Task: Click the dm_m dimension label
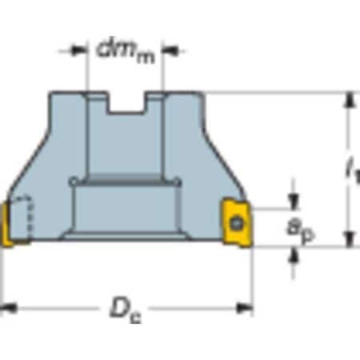pyautogui.click(x=126, y=52)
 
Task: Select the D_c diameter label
pyautogui.click(x=126, y=311)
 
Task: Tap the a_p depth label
pyautogui.click(x=301, y=230)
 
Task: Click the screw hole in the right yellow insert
pyautogui.click(x=237, y=223)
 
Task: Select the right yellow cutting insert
pyautogui.click(x=237, y=222)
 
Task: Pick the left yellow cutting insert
pyautogui.click(x=5, y=225)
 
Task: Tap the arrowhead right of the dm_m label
pyautogui.click(x=170, y=50)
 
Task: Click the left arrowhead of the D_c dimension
pyautogui.click(x=9, y=309)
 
